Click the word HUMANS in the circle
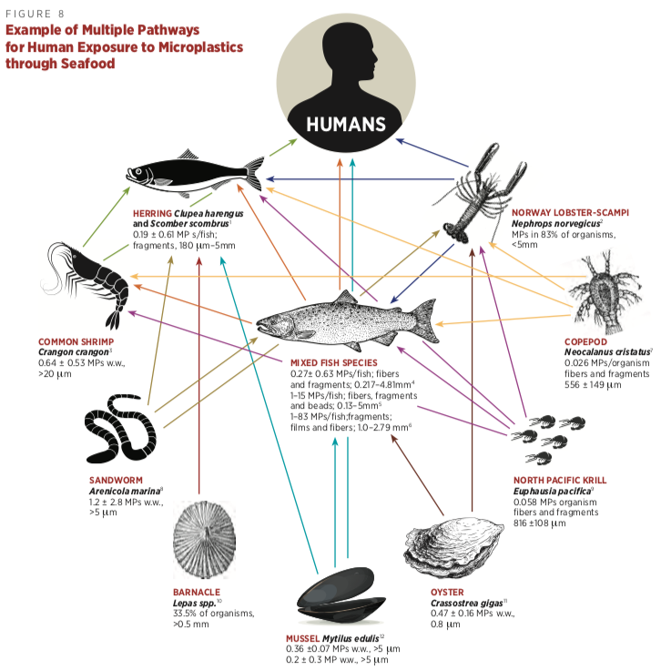(x=345, y=123)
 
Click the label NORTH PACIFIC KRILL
(x=559, y=480)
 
